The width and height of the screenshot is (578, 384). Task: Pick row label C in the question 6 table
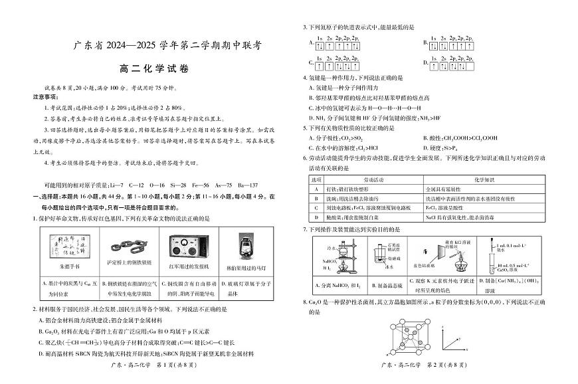tap(316, 207)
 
